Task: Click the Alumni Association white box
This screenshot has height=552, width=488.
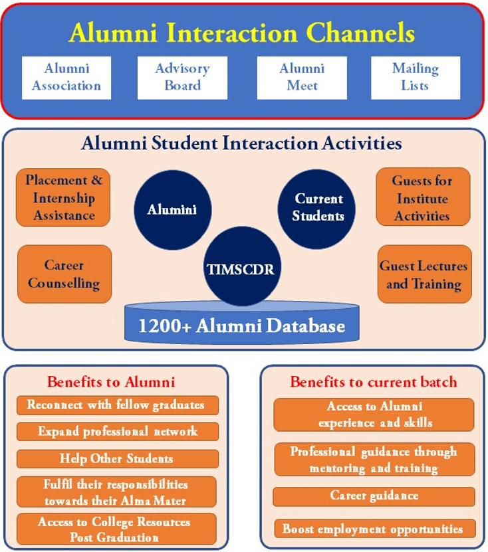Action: (66, 78)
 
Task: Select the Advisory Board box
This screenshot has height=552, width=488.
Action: (183, 78)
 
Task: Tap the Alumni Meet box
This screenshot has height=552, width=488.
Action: (302, 78)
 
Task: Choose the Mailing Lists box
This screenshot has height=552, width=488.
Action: (416, 78)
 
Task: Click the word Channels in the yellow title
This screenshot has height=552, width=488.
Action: (360, 33)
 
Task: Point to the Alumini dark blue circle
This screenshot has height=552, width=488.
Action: (173, 210)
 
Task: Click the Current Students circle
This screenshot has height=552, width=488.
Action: (316, 209)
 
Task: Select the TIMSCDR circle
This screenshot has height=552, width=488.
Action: (242, 266)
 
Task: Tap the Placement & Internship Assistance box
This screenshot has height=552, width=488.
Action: (63, 197)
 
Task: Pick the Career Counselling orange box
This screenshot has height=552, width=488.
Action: (64, 274)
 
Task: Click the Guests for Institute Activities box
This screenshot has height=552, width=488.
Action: (423, 197)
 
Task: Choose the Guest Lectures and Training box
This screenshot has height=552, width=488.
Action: (425, 274)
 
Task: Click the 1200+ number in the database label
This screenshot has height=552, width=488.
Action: (164, 325)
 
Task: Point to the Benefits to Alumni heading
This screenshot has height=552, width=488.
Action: (111, 382)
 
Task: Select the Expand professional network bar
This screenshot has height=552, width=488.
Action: (117, 432)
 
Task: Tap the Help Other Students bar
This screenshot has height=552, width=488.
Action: (117, 459)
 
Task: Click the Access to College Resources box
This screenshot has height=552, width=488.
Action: (116, 529)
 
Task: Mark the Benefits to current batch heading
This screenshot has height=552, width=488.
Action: (374, 382)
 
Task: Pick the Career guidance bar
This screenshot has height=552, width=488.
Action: (374, 496)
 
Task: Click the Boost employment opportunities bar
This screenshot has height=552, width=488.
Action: (375, 529)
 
